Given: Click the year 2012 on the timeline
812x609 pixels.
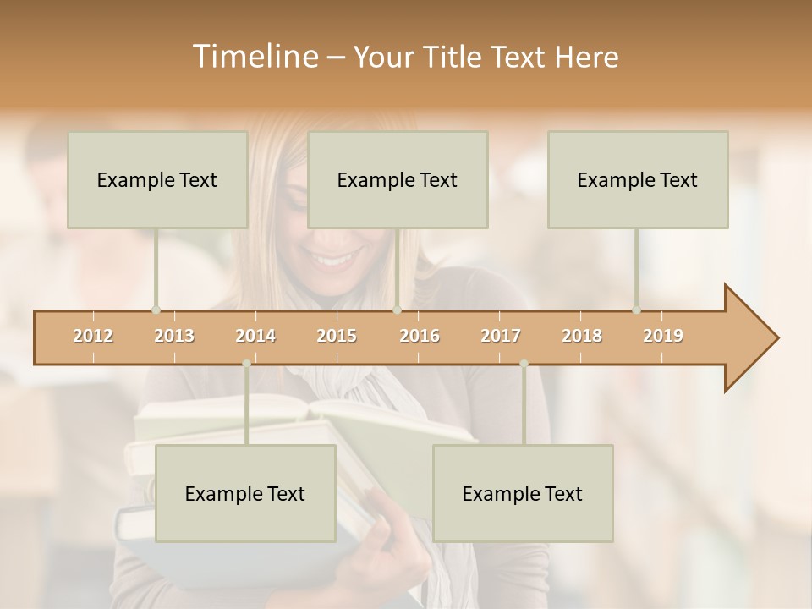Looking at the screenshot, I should (93, 336).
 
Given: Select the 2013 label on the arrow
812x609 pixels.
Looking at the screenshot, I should (174, 336).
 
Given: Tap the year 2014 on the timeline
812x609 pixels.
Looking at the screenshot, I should (255, 336).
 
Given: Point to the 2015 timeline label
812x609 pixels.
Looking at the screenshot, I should (337, 336).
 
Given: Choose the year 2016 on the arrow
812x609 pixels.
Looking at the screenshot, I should (420, 336).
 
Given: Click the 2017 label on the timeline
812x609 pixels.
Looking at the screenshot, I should (501, 336).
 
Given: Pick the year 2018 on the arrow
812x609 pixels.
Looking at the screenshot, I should (582, 336).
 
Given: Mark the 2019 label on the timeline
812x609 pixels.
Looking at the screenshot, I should (663, 336).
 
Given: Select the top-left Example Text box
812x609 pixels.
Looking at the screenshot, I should (157, 179).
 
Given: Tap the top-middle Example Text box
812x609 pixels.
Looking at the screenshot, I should (398, 179).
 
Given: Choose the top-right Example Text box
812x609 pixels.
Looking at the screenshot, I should (638, 179).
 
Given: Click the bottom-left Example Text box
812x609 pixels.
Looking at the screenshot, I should (245, 493).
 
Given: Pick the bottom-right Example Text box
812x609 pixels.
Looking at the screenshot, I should (523, 493).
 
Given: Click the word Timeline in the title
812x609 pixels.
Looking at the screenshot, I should (253, 57).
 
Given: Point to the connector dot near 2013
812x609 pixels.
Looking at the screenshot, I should (156, 310).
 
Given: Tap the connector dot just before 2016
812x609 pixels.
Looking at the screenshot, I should (398, 310).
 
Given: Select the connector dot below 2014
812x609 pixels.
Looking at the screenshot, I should (246, 364).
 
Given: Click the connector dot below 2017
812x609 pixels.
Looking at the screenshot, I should (524, 364).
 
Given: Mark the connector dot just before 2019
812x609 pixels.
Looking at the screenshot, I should (637, 310).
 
